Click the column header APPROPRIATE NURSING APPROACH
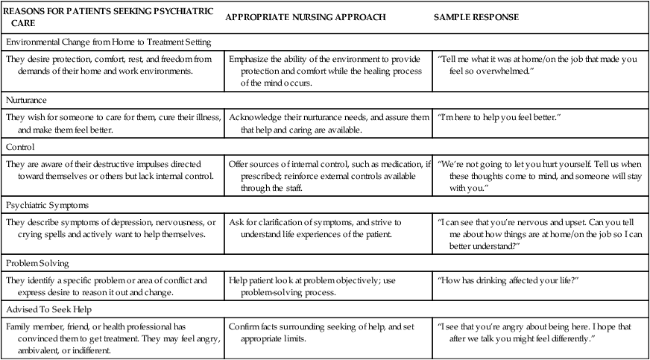pos(307,17)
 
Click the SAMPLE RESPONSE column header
pos(476,17)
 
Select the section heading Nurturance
pos(31,98)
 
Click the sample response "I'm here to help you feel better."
pos(499,117)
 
